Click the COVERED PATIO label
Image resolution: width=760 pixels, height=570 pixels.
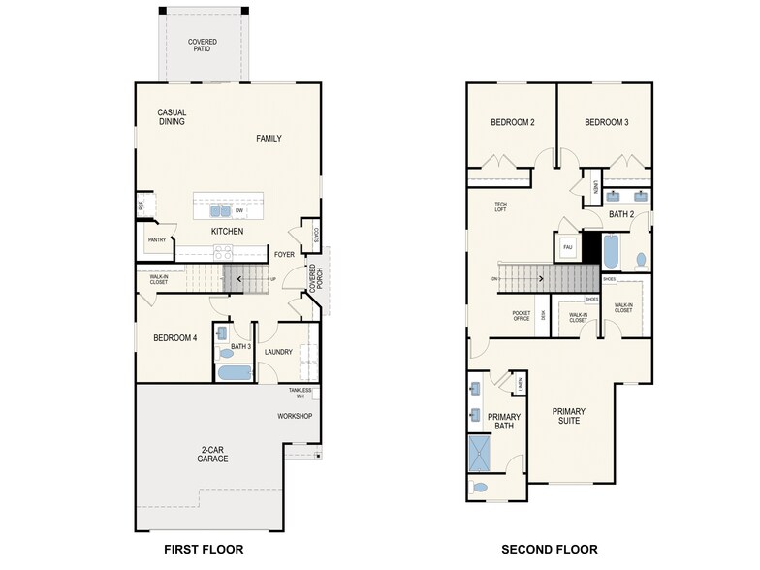tap(203, 45)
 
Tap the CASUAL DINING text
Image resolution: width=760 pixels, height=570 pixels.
tap(172, 117)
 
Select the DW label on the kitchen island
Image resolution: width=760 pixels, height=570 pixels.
tap(238, 210)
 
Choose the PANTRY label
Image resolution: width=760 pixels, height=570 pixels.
tap(157, 240)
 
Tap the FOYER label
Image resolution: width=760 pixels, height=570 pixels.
tap(284, 255)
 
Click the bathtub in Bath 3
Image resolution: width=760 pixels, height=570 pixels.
tap(234, 372)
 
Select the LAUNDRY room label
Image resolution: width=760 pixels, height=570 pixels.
tap(279, 352)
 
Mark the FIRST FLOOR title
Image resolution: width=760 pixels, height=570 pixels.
tap(203, 550)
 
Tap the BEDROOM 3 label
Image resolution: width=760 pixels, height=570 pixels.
tap(606, 123)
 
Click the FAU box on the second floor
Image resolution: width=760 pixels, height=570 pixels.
tap(568, 247)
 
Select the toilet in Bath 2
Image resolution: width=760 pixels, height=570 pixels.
tap(641, 260)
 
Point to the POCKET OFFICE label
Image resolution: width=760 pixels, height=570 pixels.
tap(522, 315)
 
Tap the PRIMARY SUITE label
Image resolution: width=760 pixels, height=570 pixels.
tap(569, 417)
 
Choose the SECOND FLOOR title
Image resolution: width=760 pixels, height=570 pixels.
tap(549, 550)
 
